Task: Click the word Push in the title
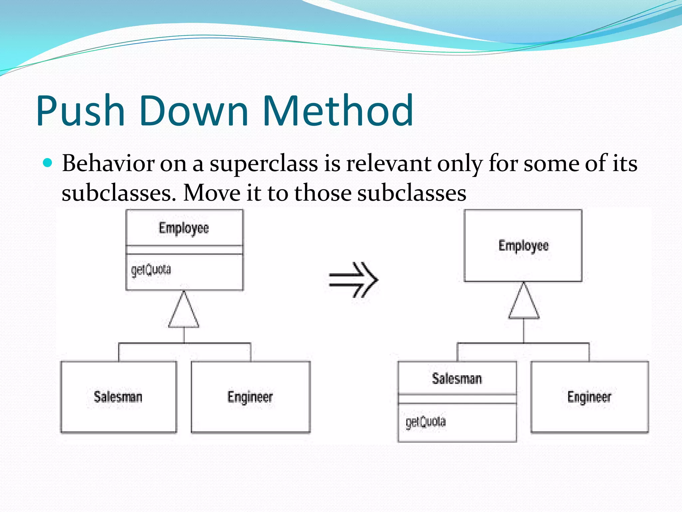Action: tap(80, 111)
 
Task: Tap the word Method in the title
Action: tap(338, 111)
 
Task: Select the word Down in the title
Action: tap(193, 111)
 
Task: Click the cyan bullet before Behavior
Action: tap(48, 163)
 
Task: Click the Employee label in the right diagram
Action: tap(523, 246)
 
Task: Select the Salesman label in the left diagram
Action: tap(118, 397)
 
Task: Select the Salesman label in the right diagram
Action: tap(457, 379)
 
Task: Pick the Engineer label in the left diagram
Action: tap(250, 397)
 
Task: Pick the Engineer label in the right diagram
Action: tap(589, 397)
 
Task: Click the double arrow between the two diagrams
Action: tap(353, 280)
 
